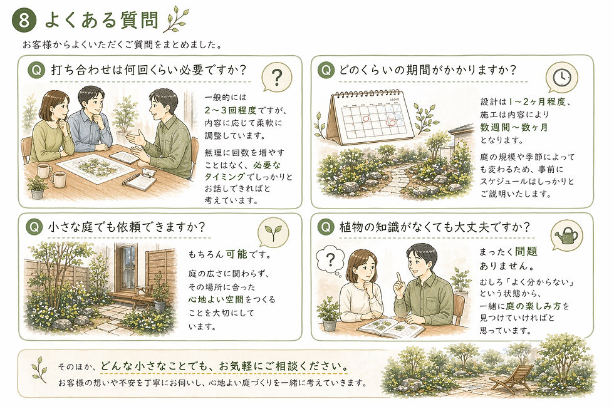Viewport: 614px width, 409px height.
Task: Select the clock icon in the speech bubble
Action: (561, 77)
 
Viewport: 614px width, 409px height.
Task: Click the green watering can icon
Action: (565, 236)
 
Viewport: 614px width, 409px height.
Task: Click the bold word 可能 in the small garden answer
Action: (237, 255)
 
